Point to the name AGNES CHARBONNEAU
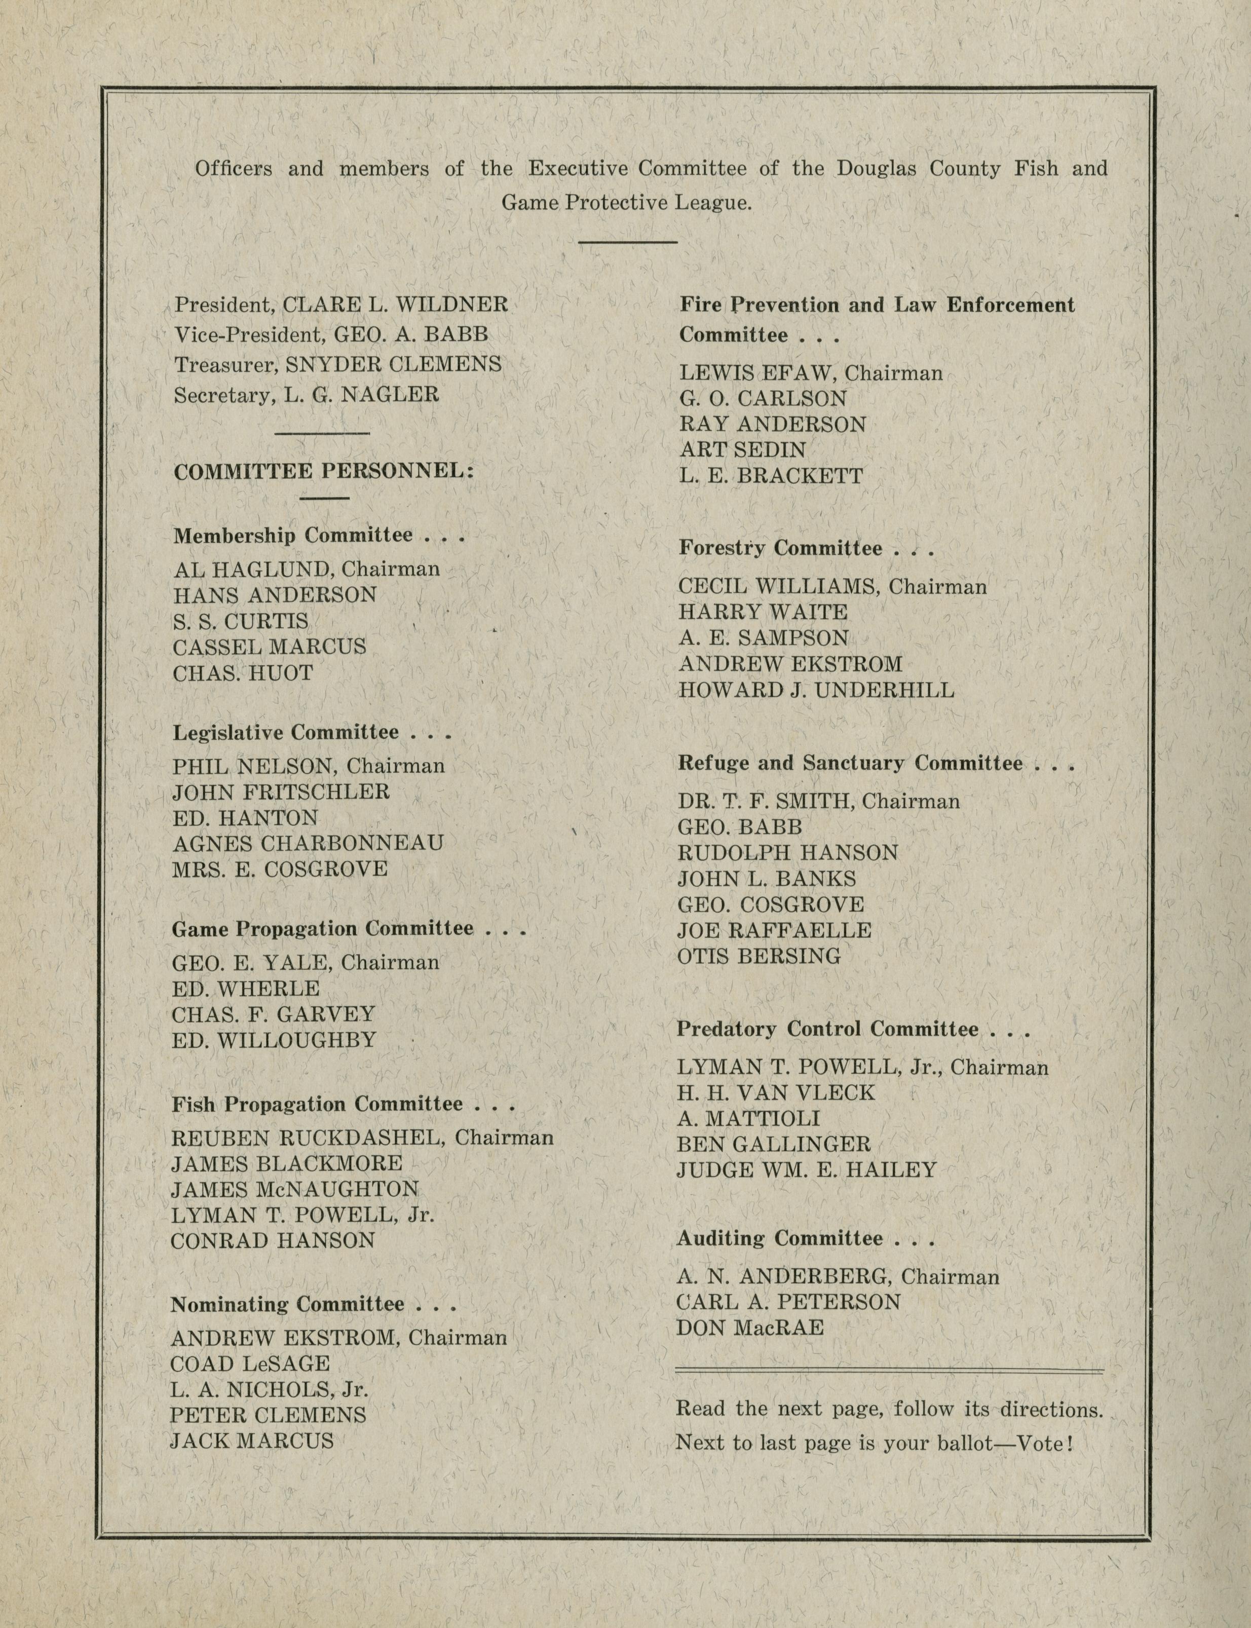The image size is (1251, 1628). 308,843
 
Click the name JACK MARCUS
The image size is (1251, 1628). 252,1441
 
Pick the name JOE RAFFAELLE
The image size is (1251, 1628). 774,930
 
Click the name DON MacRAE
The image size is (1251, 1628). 750,1328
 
